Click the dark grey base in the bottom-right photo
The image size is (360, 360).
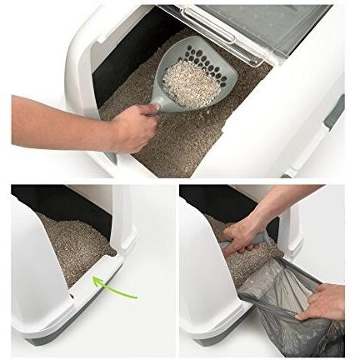(x=208, y=341)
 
